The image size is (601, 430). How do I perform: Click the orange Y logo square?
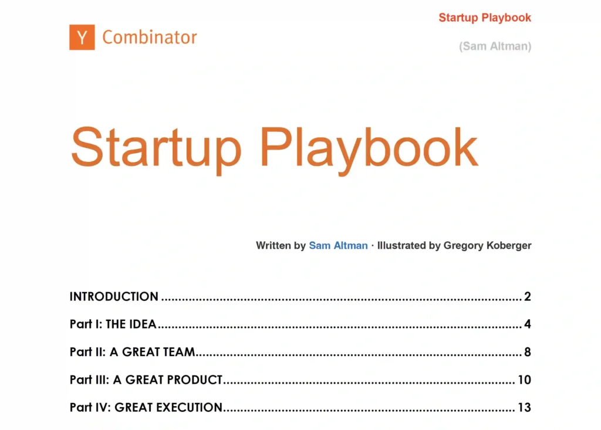pos(82,37)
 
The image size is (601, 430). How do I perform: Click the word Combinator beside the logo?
pos(150,38)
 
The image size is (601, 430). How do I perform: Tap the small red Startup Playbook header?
pos(485,17)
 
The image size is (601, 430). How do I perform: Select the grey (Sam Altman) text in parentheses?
pos(495,46)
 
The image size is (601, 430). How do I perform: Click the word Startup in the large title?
pos(156,147)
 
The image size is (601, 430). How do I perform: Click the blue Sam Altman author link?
pos(338,245)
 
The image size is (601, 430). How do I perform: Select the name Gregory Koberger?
pos(487,245)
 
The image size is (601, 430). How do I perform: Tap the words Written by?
pos(281,245)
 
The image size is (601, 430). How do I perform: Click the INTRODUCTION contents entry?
pos(114,296)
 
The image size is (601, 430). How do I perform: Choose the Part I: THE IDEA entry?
pos(113,324)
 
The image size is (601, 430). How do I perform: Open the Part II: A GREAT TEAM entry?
pos(132,352)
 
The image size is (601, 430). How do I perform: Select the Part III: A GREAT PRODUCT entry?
pos(146,380)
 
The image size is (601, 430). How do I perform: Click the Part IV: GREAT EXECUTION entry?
pos(146,407)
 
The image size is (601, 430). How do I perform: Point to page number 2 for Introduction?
pos(528,296)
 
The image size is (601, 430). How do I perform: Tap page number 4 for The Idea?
pos(528,324)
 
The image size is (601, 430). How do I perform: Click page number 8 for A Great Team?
pos(528,352)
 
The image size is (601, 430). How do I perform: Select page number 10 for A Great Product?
pos(524,380)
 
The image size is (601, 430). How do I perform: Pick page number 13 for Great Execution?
pos(524,407)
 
